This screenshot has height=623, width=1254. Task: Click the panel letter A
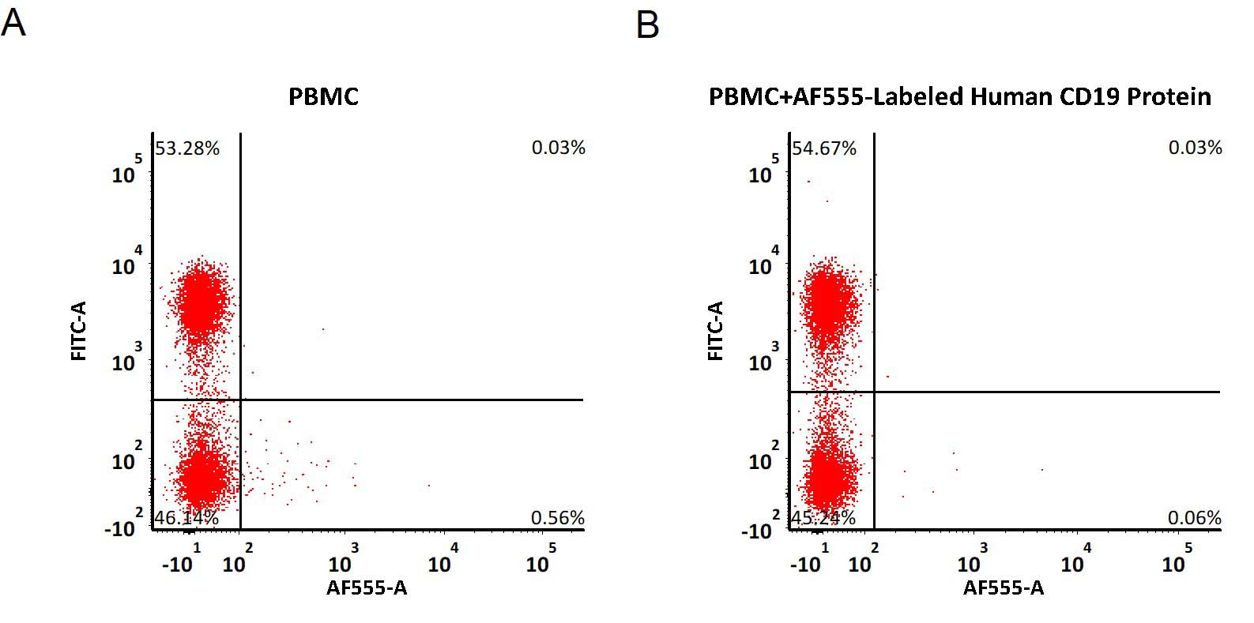[13, 24]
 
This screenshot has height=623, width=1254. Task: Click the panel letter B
[647, 25]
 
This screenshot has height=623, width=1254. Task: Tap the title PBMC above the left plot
[324, 96]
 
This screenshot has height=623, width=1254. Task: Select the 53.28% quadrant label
[186, 148]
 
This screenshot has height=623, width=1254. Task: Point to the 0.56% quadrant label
[558, 518]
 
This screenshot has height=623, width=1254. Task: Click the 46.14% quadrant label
[186, 518]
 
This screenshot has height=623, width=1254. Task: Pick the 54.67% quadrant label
[824, 148]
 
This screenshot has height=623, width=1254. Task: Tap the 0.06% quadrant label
[1195, 518]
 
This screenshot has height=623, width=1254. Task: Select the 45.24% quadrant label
[824, 518]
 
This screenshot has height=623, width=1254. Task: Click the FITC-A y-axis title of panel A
[79, 331]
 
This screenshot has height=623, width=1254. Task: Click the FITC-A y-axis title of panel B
[716, 331]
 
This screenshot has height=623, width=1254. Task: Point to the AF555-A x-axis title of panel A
[367, 587]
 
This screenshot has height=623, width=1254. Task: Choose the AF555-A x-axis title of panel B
[1004, 587]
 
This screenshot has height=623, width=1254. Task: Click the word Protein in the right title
[1169, 96]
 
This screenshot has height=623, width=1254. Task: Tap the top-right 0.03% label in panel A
[558, 148]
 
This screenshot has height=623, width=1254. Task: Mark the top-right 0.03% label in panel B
[1195, 148]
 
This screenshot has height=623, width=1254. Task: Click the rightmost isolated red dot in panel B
[1042, 470]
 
